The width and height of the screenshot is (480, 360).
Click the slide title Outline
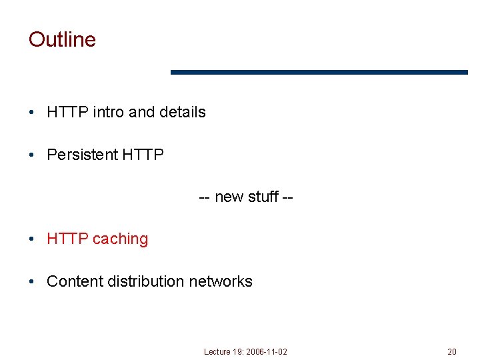click(x=62, y=39)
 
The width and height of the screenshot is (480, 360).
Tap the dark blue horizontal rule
click(x=319, y=72)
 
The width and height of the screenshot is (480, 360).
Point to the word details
click(x=182, y=112)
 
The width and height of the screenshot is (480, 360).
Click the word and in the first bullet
click(x=141, y=112)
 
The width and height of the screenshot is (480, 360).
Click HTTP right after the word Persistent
click(x=143, y=155)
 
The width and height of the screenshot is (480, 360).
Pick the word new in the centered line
click(x=229, y=197)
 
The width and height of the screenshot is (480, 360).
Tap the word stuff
click(x=263, y=197)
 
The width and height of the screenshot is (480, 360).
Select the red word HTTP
click(x=67, y=239)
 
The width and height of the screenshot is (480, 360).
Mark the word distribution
click(x=145, y=281)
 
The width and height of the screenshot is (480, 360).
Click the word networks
click(x=221, y=281)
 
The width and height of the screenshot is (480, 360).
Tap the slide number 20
click(x=452, y=351)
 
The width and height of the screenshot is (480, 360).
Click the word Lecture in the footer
click(x=217, y=351)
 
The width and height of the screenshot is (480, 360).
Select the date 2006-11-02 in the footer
click(x=267, y=351)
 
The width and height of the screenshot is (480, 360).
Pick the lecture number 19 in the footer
click(x=237, y=351)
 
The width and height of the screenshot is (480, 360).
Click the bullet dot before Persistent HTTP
click(x=32, y=155)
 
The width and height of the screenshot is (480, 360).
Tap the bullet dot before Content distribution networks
click(x=32, y=282)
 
